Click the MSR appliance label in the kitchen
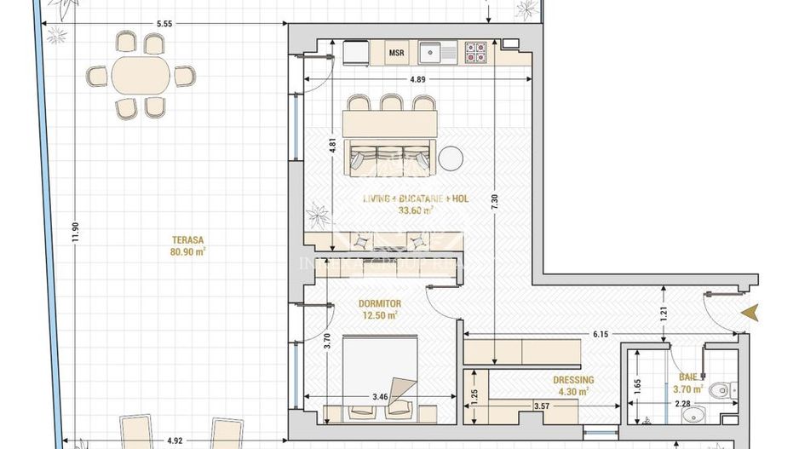point(396,53)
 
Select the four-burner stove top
point(475,52)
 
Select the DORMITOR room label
point(379,303)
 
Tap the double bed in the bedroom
point(380,370)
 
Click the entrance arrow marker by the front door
point(750,314)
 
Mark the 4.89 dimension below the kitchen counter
point(417,79)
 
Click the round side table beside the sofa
point(451,158)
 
